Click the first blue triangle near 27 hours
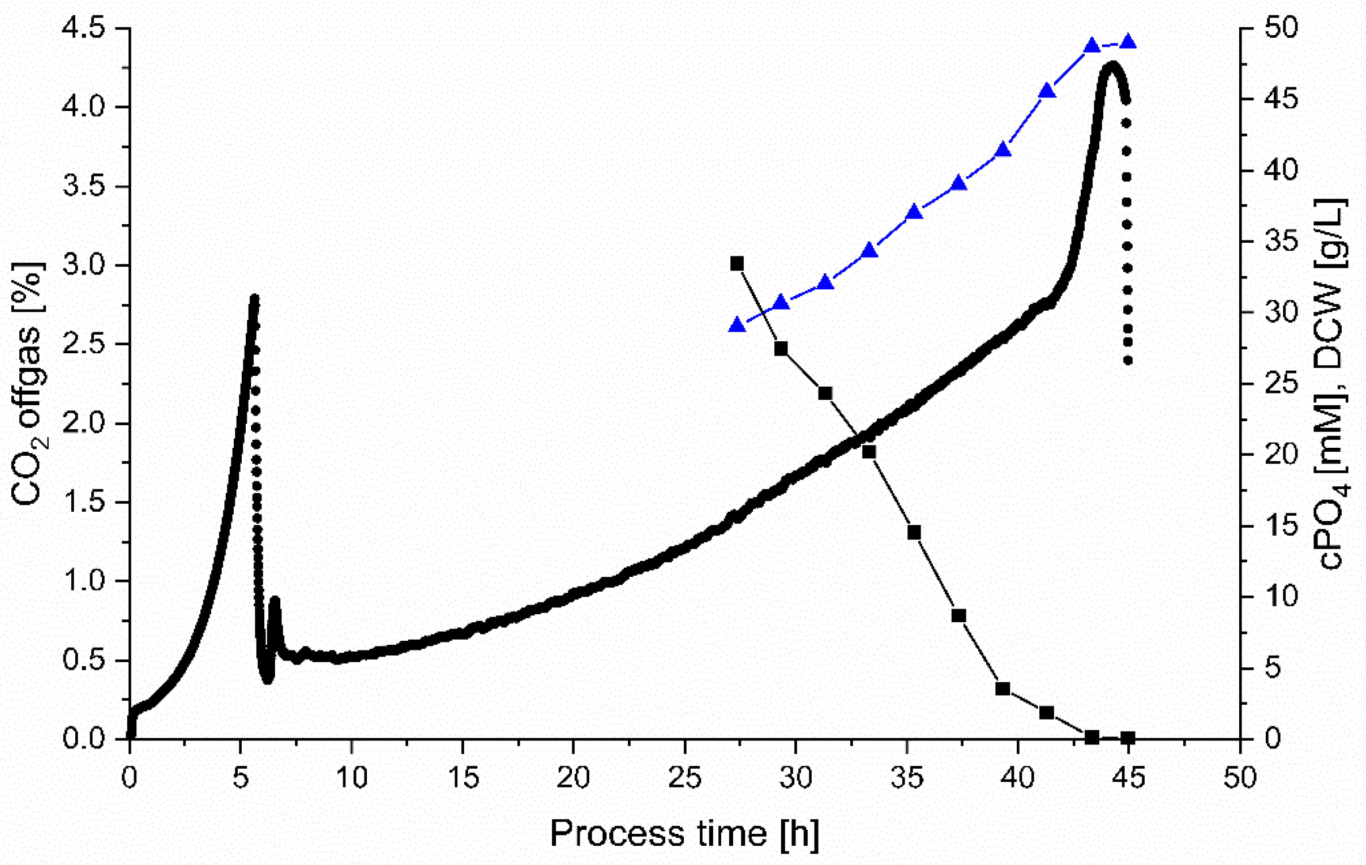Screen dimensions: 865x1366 737,325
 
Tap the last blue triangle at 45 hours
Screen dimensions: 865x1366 1128,42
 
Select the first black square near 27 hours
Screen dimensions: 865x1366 737,263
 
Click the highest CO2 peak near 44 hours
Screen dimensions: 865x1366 1112,65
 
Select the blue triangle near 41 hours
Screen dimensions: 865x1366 1047,91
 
